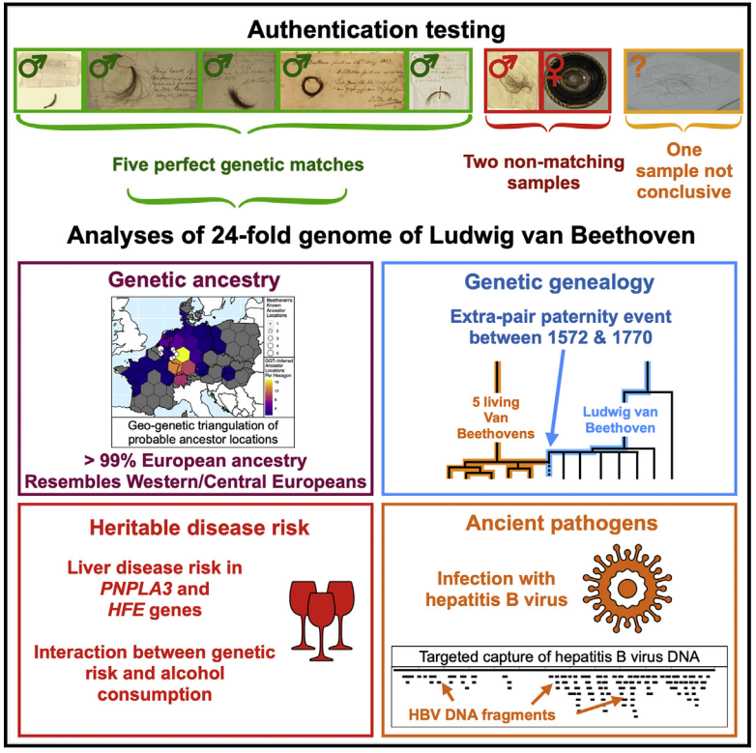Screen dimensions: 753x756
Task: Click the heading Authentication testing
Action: [376, 28]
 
